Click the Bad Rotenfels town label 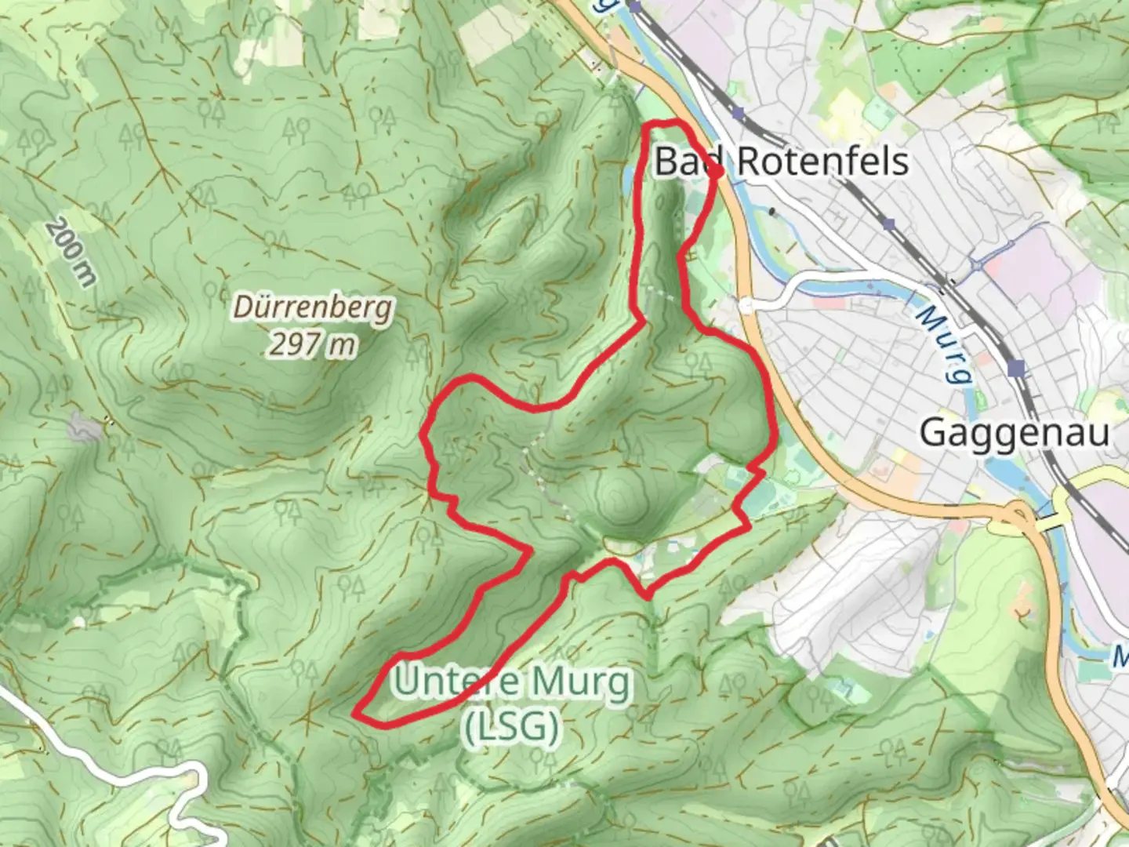(x=781, y=162)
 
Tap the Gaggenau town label (x=1014, y=432)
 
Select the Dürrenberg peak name (x=313, y=308)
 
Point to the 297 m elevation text (x=312, y=344)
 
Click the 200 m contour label (x=71, y=252)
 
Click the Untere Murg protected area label (x=512, y=682)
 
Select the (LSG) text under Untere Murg (x=513, y=727)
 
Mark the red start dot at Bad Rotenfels (x=716, y=172)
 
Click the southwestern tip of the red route (x=357, y=714)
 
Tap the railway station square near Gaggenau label (x=1018, y=367)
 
